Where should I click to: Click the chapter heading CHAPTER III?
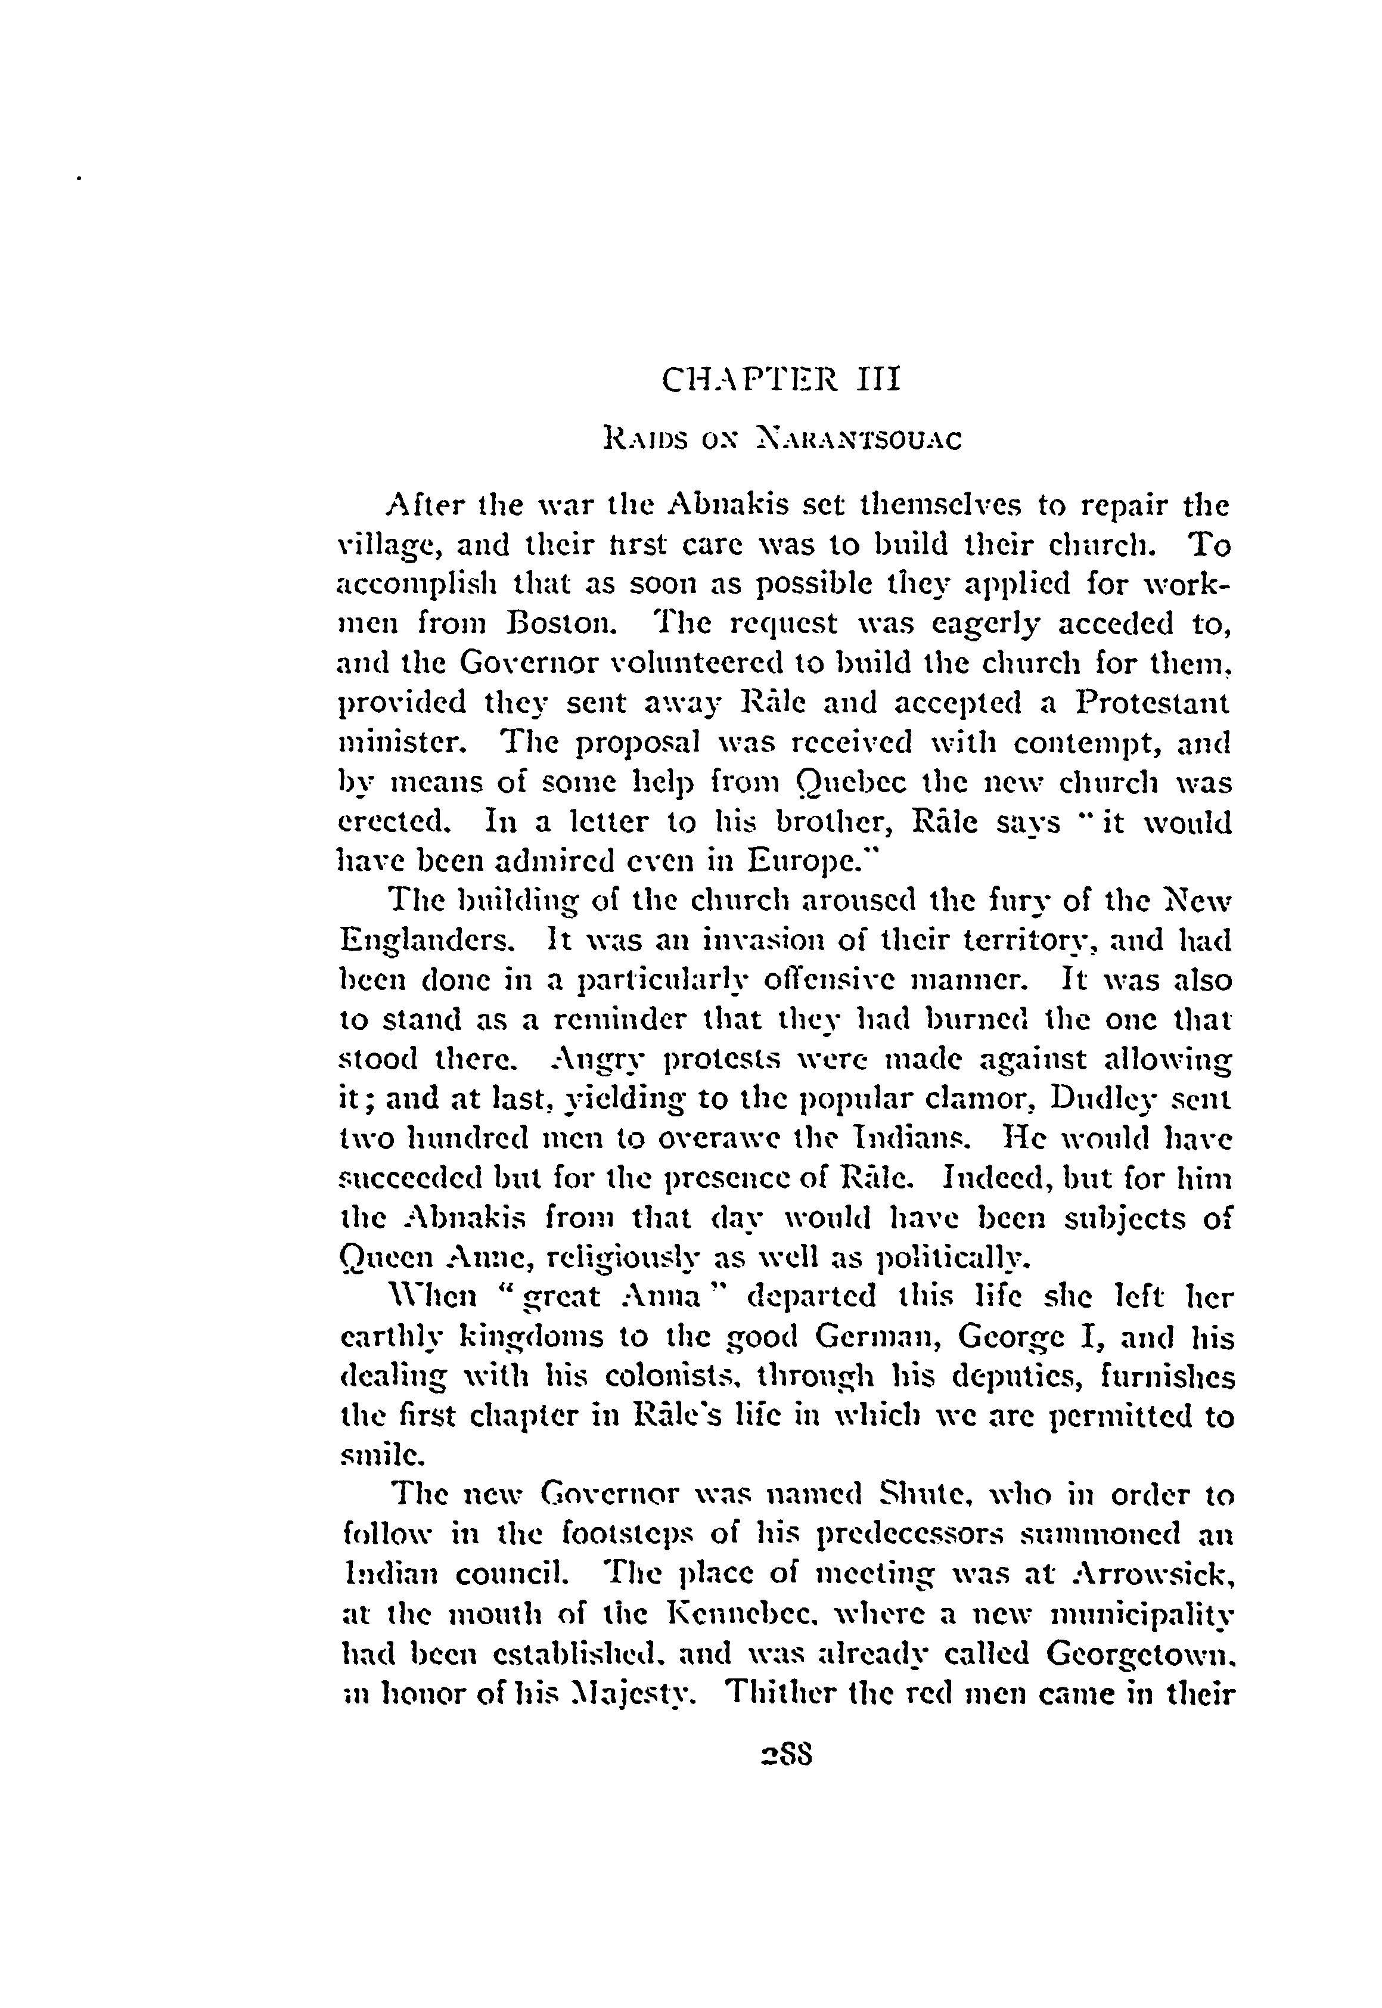pyautogui.click(x=781, y=380)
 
